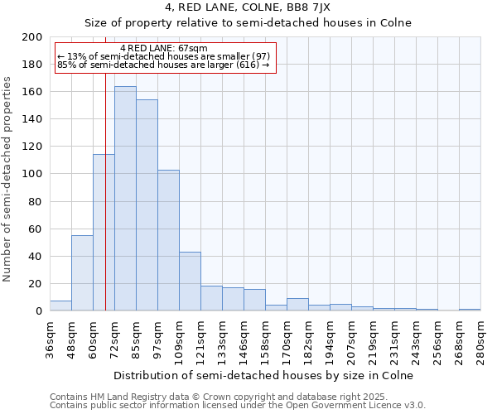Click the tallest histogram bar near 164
125,199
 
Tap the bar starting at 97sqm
168,240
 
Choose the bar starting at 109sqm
190,282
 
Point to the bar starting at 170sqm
297,305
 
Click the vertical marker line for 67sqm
105,207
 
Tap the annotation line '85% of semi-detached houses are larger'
163,65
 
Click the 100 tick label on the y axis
33,174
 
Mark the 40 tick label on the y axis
36,256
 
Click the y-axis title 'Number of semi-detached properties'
8,179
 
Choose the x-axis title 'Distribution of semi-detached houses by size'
264,375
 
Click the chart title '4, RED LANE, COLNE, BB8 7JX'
248,7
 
